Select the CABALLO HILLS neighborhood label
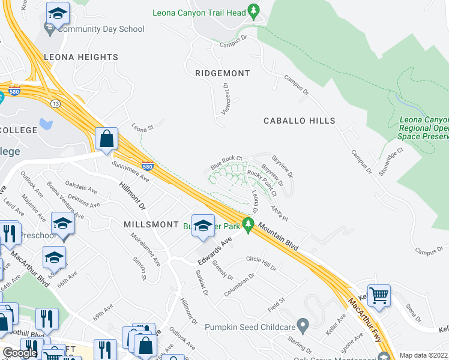300,121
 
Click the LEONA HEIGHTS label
80,57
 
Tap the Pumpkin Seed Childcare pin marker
303,326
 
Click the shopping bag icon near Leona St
106,139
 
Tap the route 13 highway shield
55,104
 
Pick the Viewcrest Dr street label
227,98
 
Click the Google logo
20,352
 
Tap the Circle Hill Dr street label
261,263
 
